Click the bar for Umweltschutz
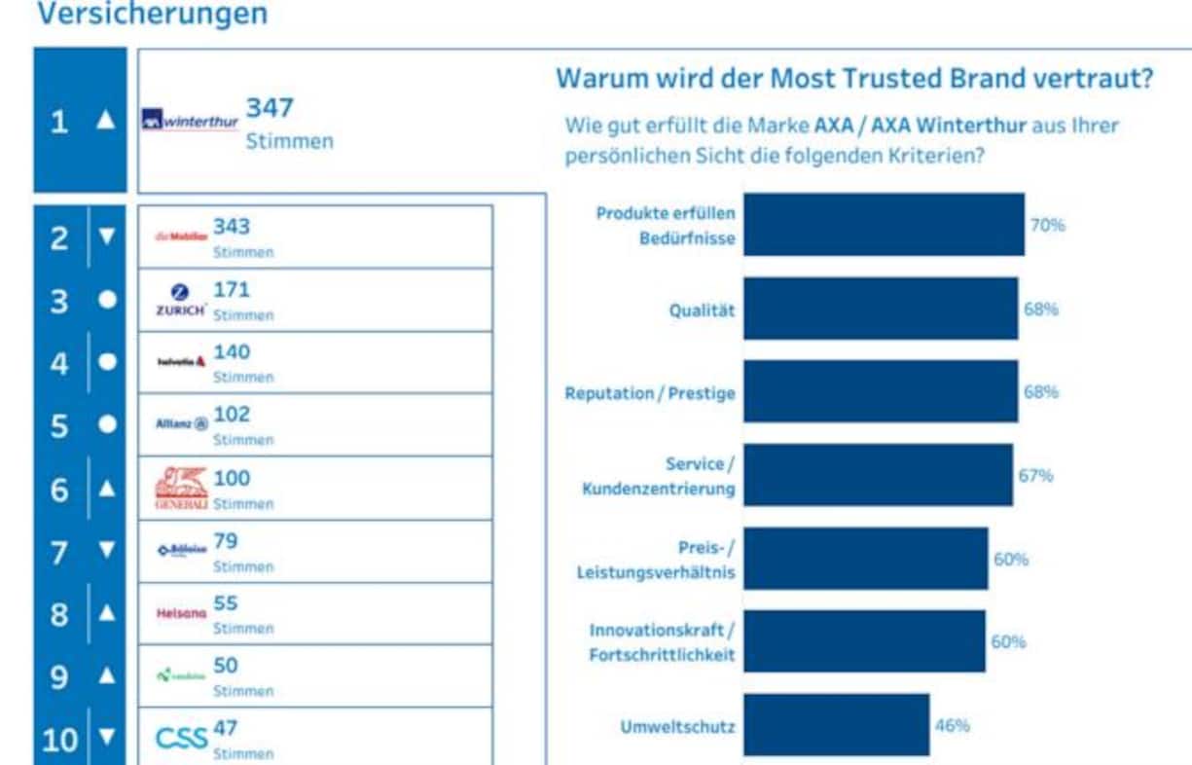pyautogui.click(x=836, y=725)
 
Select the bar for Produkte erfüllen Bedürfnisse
pyautogui.click(x=884, y=225)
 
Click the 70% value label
pyautogui.click(x=1048, y=225)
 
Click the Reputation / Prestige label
pyautogui.click(x=650, y=393)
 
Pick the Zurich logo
pyautogui.click(x=180, y=300)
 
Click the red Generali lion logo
pyautogui.click(x=181, y=488)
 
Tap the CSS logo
pyautogui.click(x=182, y=738)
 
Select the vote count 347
pyautogui.click(x=270, y=108)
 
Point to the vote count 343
pyautogui.click(x=232, y=227)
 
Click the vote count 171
pyautogui.click(x=232, y=289)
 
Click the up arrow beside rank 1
pyautogui.click(x=106, y=121)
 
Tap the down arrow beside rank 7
pyautogui.click(x=107, y=551)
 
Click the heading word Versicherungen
pyautogui.click(x=151, y=15)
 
